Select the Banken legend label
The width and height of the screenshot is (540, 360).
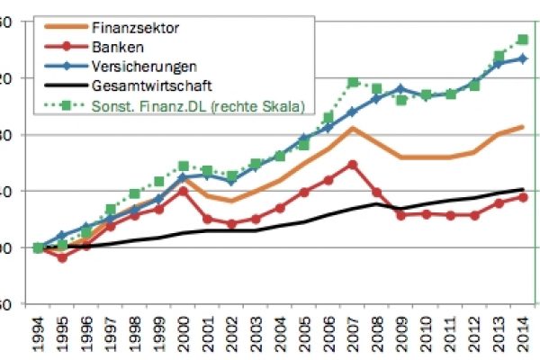point(113,47)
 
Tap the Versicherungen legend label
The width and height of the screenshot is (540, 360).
point(144,67)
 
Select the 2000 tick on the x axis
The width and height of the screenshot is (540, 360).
point(184,335)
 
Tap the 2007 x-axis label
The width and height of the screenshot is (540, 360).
point(353,335)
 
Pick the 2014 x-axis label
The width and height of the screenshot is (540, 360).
point(523,335)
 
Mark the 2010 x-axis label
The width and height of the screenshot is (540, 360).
point(426,335)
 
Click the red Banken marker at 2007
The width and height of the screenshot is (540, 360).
point(353,165)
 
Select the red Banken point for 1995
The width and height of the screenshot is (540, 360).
point(62,258)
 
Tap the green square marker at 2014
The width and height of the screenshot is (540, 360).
point(523,40)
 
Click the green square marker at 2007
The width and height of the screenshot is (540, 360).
point(353,83)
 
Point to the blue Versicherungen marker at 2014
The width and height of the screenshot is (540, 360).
point(523,58)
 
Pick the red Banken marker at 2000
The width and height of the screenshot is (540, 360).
point(184,191)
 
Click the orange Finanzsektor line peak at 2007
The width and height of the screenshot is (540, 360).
point(353,129)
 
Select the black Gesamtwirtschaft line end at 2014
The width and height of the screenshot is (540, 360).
point(523,189)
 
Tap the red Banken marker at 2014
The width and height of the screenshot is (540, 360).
point(523,197)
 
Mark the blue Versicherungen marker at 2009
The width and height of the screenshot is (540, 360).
point(401,89)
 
